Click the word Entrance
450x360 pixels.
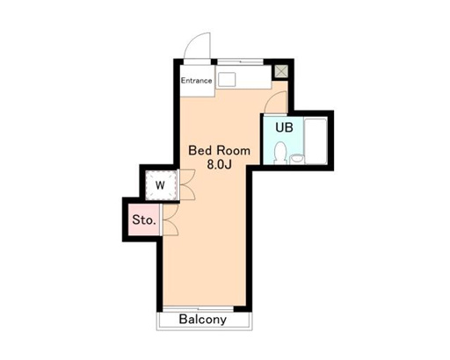pos(197,81)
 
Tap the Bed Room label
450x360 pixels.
pos(220,149)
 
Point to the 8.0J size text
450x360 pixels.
pos(220,164)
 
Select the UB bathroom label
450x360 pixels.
pos(283,127)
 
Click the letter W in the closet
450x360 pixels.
pos(161,185)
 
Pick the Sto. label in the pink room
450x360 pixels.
pos(143,220)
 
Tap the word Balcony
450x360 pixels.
pos(202,320)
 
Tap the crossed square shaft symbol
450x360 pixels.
pos(281,71)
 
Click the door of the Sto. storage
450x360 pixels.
pos(170,220)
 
